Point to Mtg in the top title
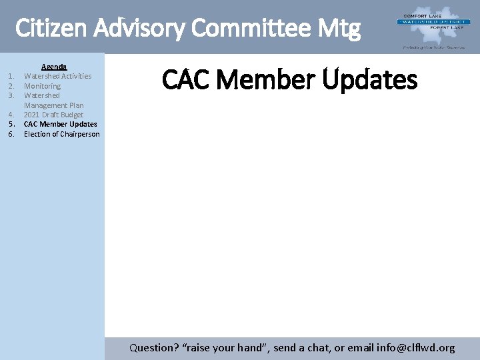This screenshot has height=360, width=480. (339, 29)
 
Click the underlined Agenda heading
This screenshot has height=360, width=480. (54, 67)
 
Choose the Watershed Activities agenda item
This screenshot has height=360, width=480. (57, 76)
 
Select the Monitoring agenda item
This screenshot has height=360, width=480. (42, 86)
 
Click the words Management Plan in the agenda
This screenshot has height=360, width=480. (53, 105)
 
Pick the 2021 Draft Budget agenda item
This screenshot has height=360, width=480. (53, 115)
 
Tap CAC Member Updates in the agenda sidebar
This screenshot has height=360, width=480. (60, 124)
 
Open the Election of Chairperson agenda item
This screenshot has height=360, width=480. (61, 134)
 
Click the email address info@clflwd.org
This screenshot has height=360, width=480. (416, 347)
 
